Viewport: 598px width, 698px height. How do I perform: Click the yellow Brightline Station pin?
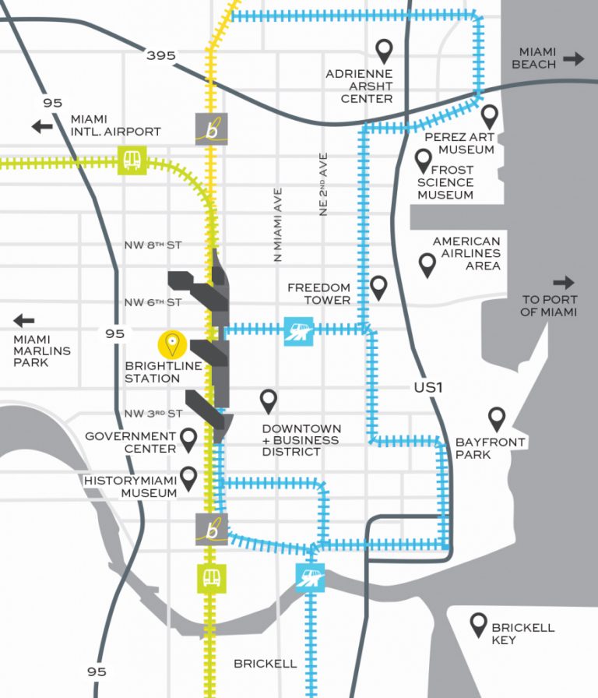[x=171, y=344]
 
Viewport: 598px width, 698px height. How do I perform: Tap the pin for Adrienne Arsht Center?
[x=383, y=51]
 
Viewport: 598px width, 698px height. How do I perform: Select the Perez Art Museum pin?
[x=489, y=117]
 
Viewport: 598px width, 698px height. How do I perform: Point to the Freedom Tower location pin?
[x=379, y=287]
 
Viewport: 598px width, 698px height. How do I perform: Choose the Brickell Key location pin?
[x=479, y=624]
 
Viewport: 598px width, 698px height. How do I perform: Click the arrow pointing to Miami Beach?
[x=574, y=58]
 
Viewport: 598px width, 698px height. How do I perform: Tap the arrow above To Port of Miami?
[x=564, y=282]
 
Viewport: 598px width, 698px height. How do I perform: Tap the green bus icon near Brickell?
[x=212, y=577]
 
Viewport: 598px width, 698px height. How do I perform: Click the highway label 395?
[x=160, y=55]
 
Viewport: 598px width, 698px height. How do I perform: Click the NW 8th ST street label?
[x=153, y=245]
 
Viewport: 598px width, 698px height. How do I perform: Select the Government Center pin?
[x=188, y=439]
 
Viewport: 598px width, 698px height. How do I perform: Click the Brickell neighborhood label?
[x=266, y=664]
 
